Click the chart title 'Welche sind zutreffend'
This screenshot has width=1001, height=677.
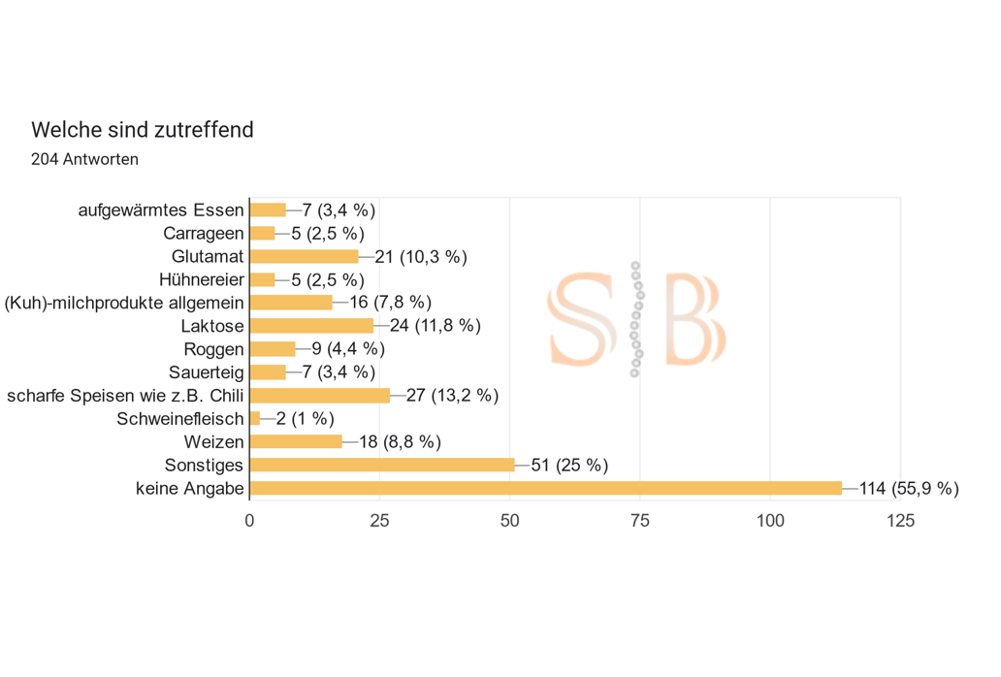[x=143, y=129]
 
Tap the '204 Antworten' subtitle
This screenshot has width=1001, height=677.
[x=84, y=159]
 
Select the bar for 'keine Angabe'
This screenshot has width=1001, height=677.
[x=545, y=488]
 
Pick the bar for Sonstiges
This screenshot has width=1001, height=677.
[x=382, y=465]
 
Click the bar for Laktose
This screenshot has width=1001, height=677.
[x=311, y=325]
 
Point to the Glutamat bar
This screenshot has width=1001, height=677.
[x=304, y=256]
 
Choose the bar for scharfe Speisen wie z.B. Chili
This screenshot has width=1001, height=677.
[x=319, y=395]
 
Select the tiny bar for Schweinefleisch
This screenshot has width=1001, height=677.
[x=255, y=418]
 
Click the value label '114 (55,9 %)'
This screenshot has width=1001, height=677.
[x=909, y=489]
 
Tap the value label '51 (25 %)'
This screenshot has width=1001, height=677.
[x=569, y=466]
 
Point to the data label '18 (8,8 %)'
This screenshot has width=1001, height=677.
[x=400, y=442]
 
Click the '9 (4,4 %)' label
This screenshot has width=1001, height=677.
[x=348, y=349]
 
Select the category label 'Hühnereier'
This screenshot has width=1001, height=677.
[x=202, y=279]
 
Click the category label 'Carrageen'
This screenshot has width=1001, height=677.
[x=204, y=233]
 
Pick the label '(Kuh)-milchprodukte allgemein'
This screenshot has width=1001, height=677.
[x=124, y=303]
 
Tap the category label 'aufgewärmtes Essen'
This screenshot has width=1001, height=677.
[x=161, y=210]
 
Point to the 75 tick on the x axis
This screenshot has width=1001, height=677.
[x=639, y=521]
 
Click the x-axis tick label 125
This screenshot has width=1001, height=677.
[x=900, y=521]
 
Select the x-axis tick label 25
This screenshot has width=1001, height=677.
[x=379, y=521]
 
